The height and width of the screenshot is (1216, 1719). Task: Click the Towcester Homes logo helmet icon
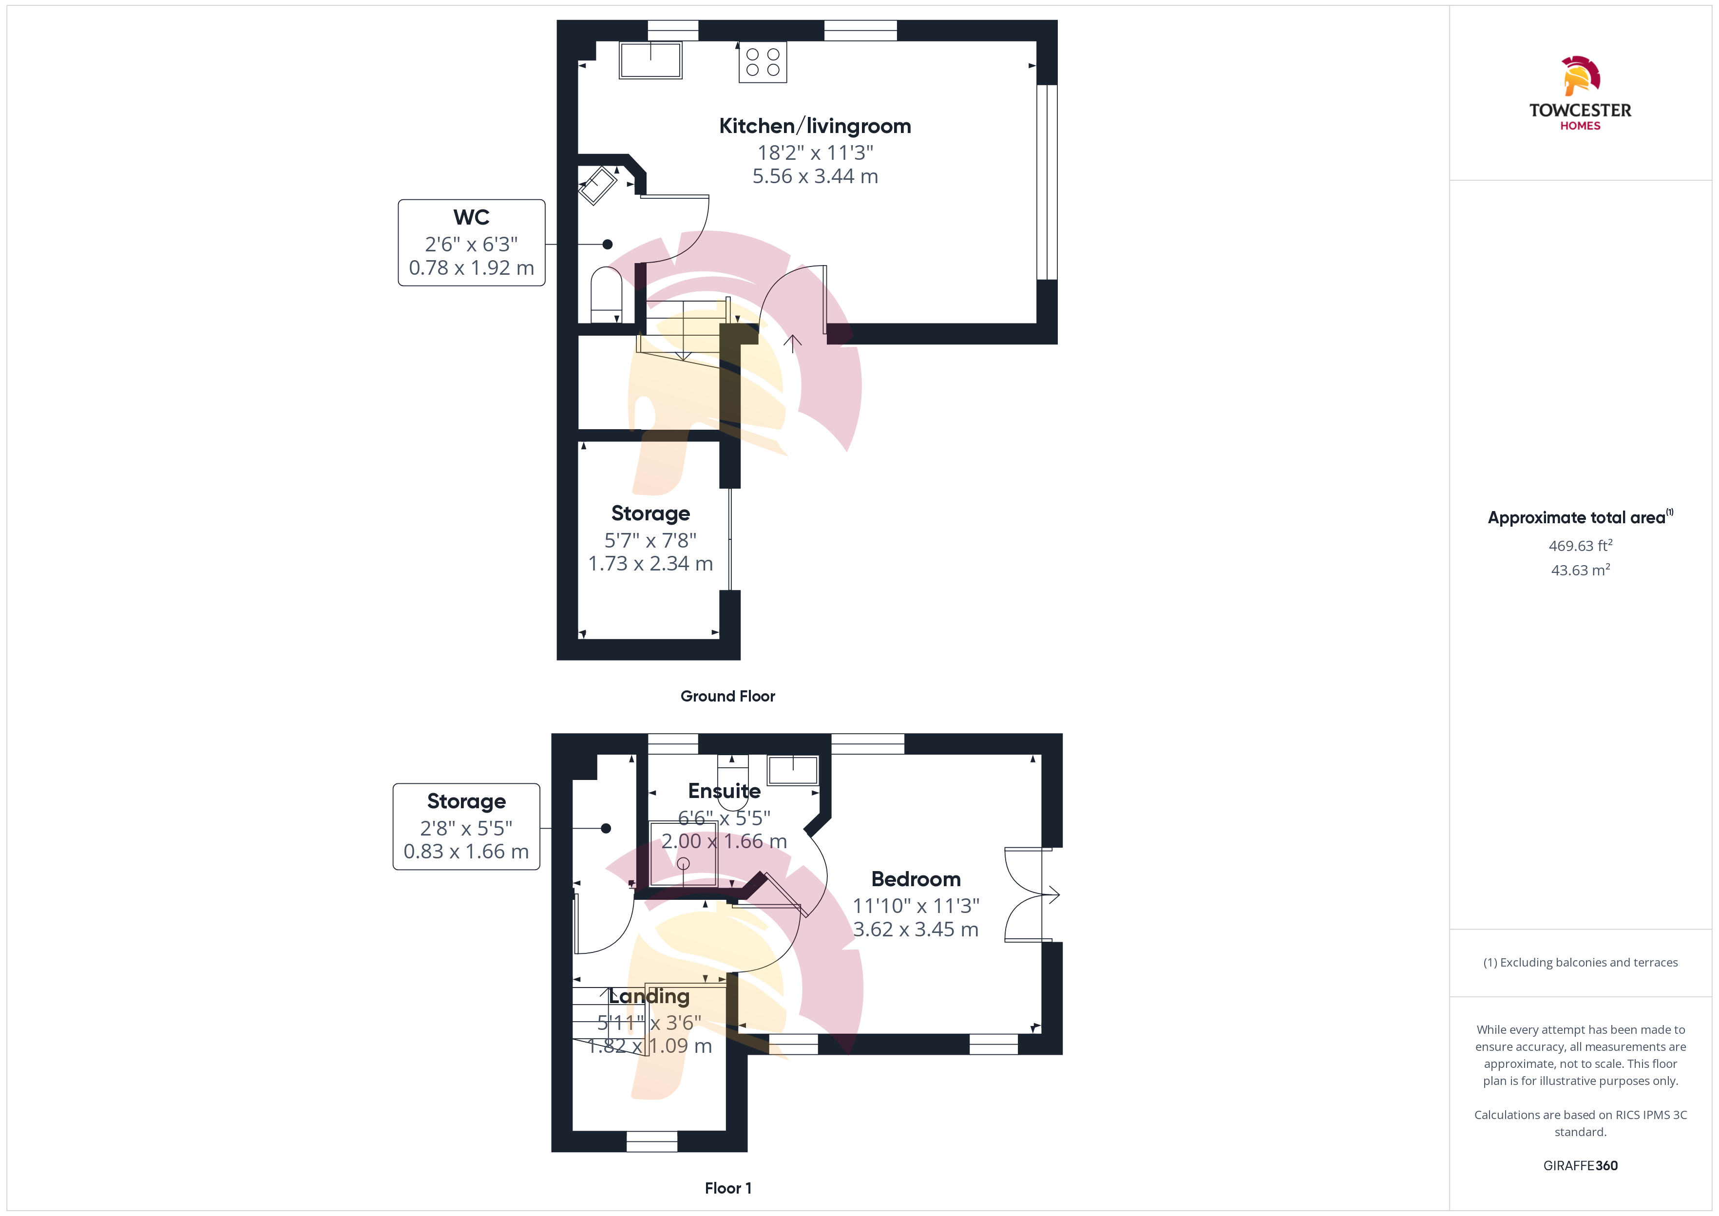pos(1581,76)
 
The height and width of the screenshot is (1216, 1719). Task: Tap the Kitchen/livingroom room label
pos(815,126)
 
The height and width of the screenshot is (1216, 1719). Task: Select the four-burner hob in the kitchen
pos(762,62)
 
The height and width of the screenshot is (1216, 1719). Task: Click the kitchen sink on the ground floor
pos(650,60)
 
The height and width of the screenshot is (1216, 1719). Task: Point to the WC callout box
pos(472,243)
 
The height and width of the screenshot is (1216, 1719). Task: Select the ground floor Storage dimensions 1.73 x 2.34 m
pos(650,563)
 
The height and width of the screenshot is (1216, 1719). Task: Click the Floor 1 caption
pos(728,1188)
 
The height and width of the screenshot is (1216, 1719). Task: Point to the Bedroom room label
pos(916,879)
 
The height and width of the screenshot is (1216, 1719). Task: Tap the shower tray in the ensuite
pos(684,854)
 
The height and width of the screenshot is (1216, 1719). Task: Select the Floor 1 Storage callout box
pos(466,827)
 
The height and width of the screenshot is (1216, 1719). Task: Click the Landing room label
pos(649,997)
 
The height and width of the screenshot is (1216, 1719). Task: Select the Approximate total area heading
pos(1580,517)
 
